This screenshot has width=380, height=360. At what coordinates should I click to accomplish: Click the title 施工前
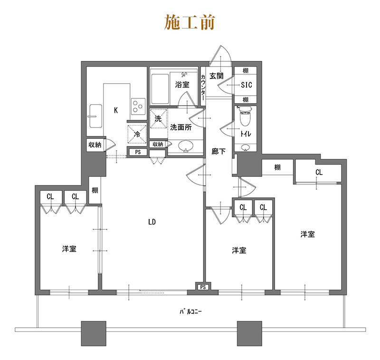click(190, 22)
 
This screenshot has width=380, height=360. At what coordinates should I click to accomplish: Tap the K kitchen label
click(116, 110)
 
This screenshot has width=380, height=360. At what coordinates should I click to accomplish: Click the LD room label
click(152, 222)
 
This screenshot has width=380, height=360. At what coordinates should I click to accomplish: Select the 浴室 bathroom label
click(182, 85)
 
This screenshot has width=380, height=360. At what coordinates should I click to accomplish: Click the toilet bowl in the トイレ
click(246, 117)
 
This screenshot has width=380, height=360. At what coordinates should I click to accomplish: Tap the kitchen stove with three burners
click(138, 106)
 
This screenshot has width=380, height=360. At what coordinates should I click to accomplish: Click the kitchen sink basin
click(96, 116)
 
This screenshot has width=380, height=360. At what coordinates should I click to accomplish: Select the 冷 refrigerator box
click(137, 134)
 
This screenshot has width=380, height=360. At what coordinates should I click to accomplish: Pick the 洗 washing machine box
click(159, 118)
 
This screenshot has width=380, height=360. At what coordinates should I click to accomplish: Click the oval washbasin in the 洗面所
click(186, 146)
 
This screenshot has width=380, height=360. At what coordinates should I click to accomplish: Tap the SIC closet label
click(246, 85)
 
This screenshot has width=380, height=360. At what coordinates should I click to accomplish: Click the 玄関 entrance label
click(217, 76)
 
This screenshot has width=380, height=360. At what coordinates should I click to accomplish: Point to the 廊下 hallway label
click(218, 152)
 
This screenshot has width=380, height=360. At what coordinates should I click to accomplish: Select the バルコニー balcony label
click(190, 311)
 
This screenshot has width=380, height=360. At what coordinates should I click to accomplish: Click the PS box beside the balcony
click(203, 287)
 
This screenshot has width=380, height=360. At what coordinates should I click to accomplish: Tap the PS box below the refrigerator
click(138, 152)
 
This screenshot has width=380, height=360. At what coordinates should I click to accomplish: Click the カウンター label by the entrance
click(203, 87)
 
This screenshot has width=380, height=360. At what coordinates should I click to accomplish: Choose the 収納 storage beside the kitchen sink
click(95, 145)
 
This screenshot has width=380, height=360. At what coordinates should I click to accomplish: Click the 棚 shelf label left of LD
click(95, 190)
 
